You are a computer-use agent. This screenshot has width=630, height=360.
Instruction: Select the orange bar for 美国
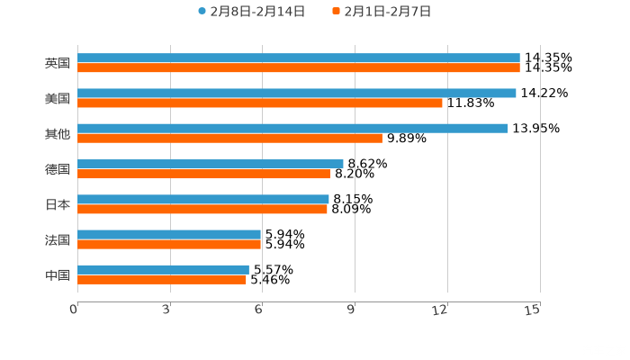click(260, 103)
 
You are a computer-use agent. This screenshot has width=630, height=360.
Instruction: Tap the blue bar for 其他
click(292, 129)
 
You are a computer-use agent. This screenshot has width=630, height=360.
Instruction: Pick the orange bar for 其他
click(229, 138)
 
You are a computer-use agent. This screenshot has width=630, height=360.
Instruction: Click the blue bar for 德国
click(210, 164)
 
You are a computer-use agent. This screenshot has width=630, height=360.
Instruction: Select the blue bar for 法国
click(169, 234)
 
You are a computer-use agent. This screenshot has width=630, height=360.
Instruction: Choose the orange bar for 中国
click(162, 279)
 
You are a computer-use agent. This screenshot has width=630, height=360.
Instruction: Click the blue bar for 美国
click(297, 93)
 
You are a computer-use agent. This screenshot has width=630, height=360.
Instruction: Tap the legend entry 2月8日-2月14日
click(251, 12)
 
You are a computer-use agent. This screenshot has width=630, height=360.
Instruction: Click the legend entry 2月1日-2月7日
click(382, 12)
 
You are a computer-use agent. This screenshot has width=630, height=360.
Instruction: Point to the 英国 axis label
click(58, 63)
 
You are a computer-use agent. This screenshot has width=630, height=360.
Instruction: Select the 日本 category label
click(58, 204)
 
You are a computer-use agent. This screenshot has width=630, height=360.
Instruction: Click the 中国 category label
click(58, 274)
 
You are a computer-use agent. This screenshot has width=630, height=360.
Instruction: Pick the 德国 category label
click(58, 169)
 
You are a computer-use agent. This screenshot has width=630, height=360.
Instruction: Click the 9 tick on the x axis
click(352, 310)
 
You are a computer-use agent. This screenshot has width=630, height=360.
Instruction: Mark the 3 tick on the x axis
click(166, 310)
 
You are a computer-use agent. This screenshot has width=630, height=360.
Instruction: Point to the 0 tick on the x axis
click(74, 310)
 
